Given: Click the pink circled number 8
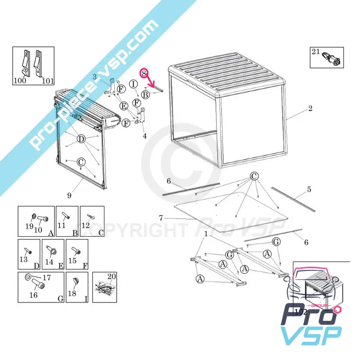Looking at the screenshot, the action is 144,73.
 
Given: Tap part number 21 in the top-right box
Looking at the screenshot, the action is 316,52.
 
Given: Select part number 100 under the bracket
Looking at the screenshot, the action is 20,81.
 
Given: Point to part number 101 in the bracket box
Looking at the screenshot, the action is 48,81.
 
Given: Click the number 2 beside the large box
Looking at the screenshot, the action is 310,108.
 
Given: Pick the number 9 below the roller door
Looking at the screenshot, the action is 69,195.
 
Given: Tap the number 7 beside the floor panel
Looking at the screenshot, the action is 161,218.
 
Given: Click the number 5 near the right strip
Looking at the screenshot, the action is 309,189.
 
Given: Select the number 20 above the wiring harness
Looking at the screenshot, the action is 112,276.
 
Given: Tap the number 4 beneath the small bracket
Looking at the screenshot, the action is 144,136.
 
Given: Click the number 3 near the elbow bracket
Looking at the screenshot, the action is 94,77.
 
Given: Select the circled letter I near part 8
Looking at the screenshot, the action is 133,84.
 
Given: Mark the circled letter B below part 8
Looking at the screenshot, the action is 145,94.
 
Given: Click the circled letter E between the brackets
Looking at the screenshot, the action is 124,106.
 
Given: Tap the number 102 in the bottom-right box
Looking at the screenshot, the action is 301,312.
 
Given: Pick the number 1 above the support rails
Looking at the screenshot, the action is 206,234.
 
